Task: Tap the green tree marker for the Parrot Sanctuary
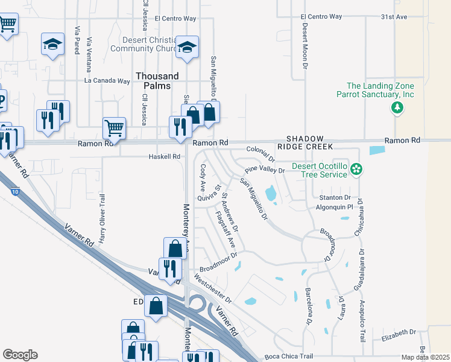[397, 108]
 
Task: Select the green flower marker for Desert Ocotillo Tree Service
[357, 170]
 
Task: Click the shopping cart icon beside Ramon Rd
[113, 128]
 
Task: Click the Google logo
[19, 355]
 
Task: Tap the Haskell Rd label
[165, 157]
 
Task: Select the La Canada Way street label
[107, 80]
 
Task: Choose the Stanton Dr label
[335, 197]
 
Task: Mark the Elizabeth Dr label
[399, 332]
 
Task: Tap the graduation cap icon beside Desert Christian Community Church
[188, 48]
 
